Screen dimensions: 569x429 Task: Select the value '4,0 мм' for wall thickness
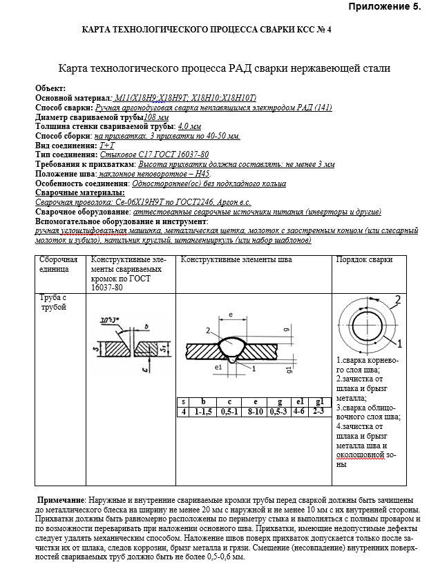coord(189,127)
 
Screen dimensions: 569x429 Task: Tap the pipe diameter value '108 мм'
coord(156,117)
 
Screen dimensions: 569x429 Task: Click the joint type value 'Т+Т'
coord(107,146)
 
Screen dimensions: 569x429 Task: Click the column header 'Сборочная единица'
coord(58,264)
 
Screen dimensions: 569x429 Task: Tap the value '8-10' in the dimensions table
coord(256,412)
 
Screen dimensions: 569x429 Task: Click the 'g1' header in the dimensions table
coord(318,402)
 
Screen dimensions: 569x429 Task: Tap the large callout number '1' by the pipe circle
coord(399,342)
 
